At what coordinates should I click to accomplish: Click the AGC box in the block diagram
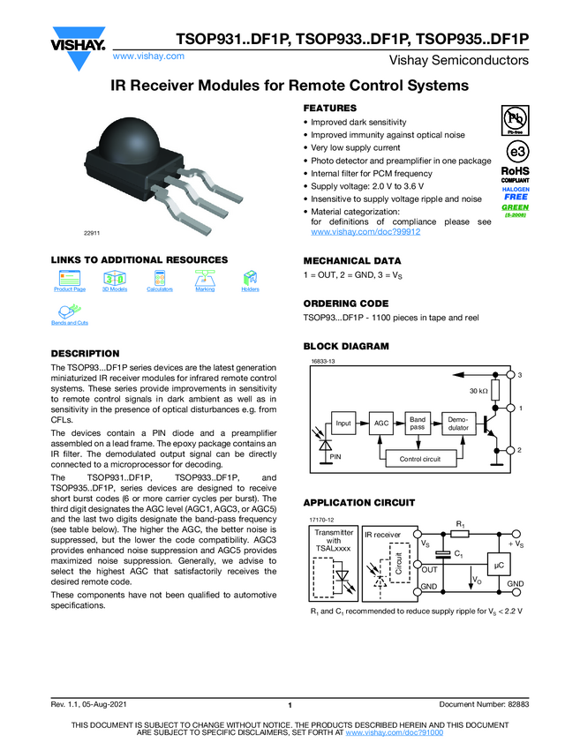click(x=381, y=424)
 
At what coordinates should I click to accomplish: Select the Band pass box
click(x=417, y=424)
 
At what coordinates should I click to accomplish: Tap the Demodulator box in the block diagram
click(x=457, y=424)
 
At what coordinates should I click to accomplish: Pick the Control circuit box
click(x=419, y=459)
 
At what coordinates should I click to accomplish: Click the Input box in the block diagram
click(x=344, y=424)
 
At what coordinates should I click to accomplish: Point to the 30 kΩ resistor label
click(x=479, y=391)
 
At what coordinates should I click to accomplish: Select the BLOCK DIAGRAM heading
click(x=346, y=347)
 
